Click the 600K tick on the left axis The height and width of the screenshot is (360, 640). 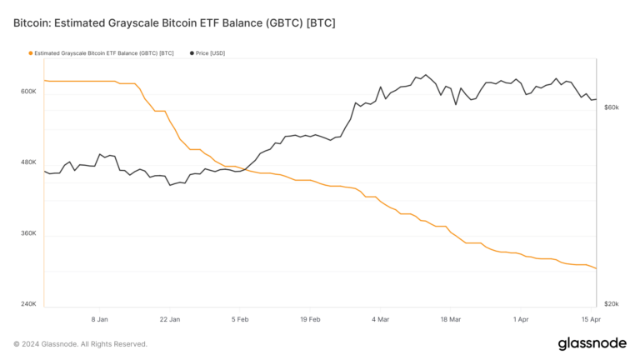pyautogui.click(x=28, y=92)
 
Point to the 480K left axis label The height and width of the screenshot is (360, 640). pyautogui.click(x=28, y=162)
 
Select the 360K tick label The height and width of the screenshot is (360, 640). pyautogui.click(x=28, y=233)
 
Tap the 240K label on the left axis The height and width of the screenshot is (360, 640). pyautogui.click(x=28, y=304)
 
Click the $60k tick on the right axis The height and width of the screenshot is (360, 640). pyautogui.click(x=611, y=107)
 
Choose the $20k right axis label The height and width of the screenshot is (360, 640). pyautogui.click(x=611, y=304)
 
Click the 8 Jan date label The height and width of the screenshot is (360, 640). pyautogui.click(x=99, y=319)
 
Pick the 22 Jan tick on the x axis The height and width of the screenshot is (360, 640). pyautogui.click(x=169, y=319)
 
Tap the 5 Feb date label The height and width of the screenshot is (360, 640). pyautogui.click(x=240, y=319)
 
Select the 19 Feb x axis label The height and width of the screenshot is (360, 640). pyautogui.click(x=310, y=319)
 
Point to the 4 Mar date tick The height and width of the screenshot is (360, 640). pyautogui.click(x=381, y=319)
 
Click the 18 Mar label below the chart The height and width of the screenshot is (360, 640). pyautogui.click(x=451, y=319)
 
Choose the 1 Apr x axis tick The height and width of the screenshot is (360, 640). pyautogui.click(x=522, y=319)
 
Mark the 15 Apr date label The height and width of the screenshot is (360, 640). pyautogui.click(x=590, y=319)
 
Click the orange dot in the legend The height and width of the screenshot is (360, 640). pyautogui.click(x=31, y=53)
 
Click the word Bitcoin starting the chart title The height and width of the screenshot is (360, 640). pyautogui.click(x=32, y=22)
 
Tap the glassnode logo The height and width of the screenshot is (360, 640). pyautogui.click(x=592, y=344)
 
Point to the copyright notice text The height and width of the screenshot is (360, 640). pyautogui.click(x=80, y=344)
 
